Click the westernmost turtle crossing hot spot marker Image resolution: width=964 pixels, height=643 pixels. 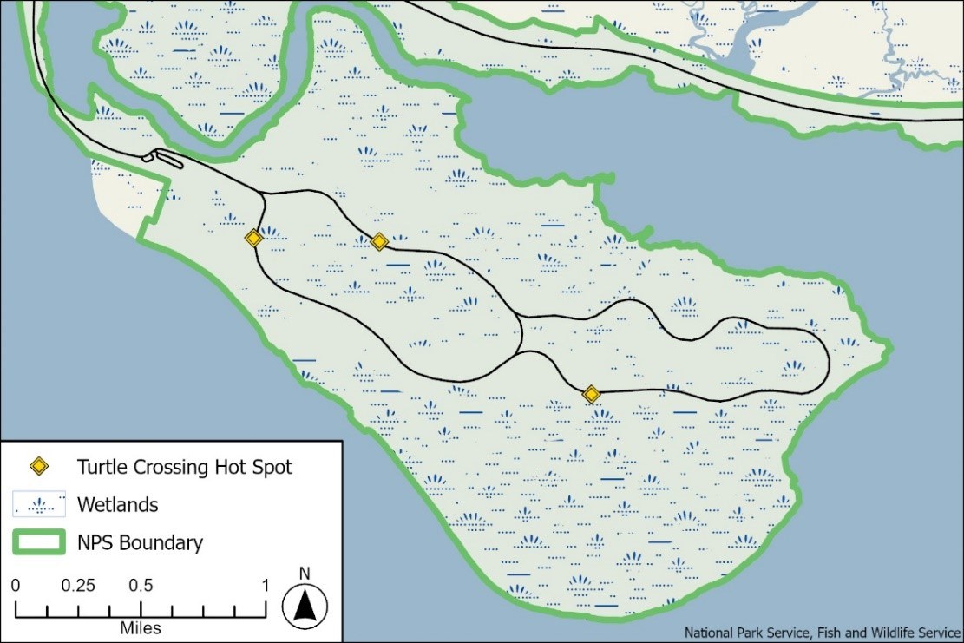(253, 238)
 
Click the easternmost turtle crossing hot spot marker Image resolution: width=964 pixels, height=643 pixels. (592, 395)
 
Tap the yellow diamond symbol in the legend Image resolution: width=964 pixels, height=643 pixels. (39, 467)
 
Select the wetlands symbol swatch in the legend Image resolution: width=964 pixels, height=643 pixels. (39, 504)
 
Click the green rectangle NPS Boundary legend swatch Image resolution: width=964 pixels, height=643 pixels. (39, 543)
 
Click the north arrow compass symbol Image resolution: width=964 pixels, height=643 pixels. (304, 602)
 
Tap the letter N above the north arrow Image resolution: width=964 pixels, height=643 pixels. (304, 573)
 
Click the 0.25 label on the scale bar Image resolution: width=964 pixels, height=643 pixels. (78, 585)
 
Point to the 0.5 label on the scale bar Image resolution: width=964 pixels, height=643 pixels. (142, 585)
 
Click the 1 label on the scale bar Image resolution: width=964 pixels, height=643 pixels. (266, 585)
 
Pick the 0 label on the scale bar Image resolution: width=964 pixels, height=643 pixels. (16, 585)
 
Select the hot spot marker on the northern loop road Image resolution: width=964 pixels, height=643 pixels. (379, 242)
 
